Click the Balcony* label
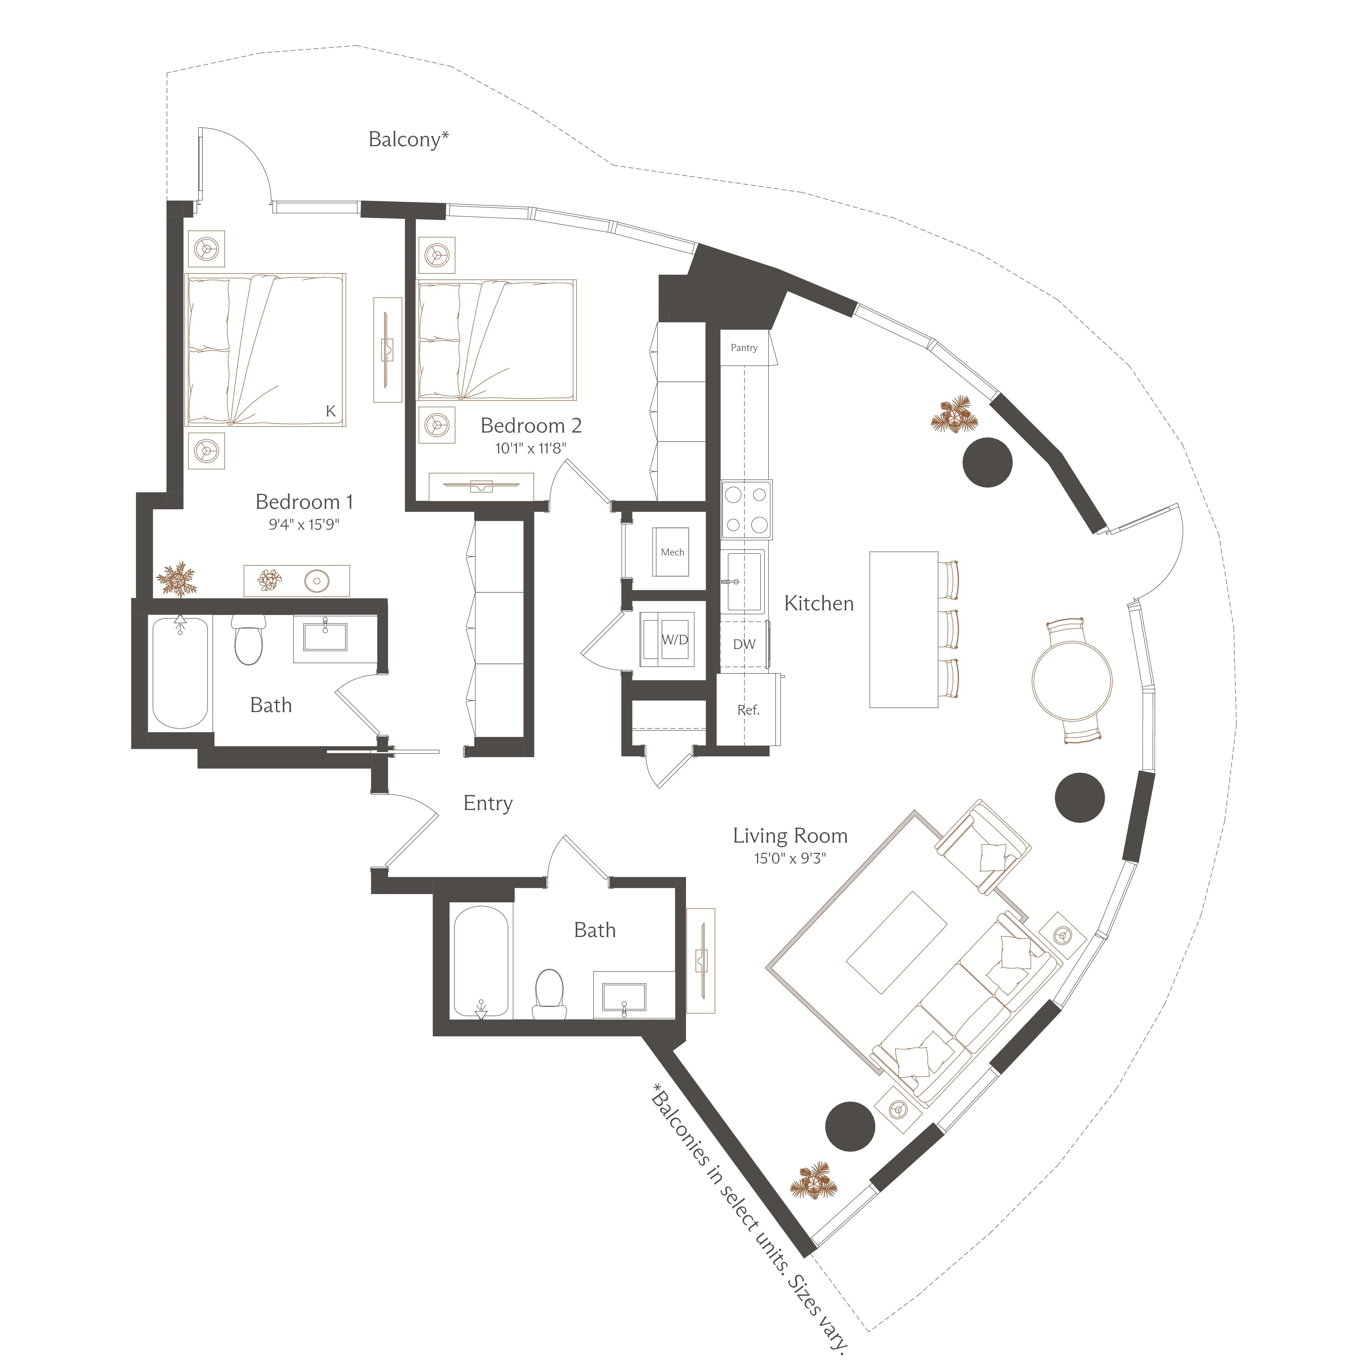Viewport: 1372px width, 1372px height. click(408, 139)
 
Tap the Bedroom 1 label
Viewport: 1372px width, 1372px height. click(304, 502)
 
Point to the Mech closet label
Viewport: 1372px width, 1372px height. click(673, 552)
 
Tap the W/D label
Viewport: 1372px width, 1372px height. click(675, 639)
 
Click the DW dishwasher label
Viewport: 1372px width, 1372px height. click(744, 644)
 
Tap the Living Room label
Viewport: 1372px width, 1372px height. click(791, 836)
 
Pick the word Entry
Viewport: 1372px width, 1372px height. click(488, 803)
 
